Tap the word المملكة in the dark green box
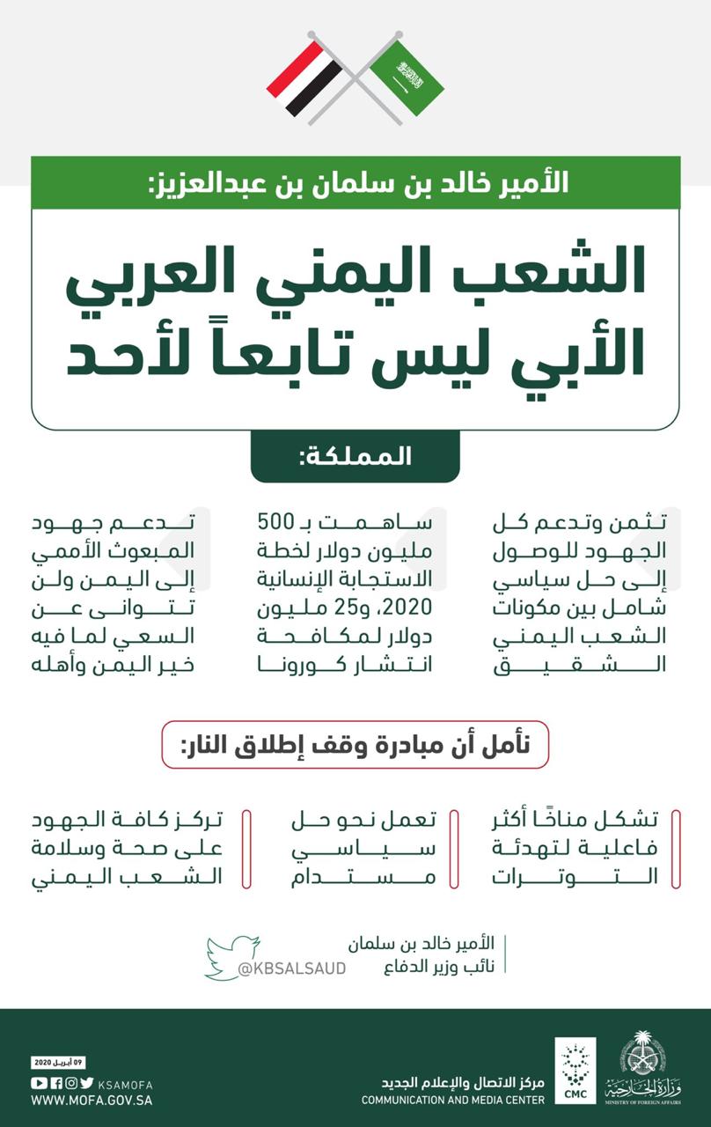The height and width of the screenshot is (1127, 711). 355,457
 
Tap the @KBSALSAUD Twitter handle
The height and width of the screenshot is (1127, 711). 291,969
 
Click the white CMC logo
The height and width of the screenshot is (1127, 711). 575,1071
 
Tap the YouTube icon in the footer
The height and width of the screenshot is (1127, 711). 38,1083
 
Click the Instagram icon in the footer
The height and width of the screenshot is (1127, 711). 70,1083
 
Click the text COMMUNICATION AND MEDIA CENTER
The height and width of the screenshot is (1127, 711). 452,1100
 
